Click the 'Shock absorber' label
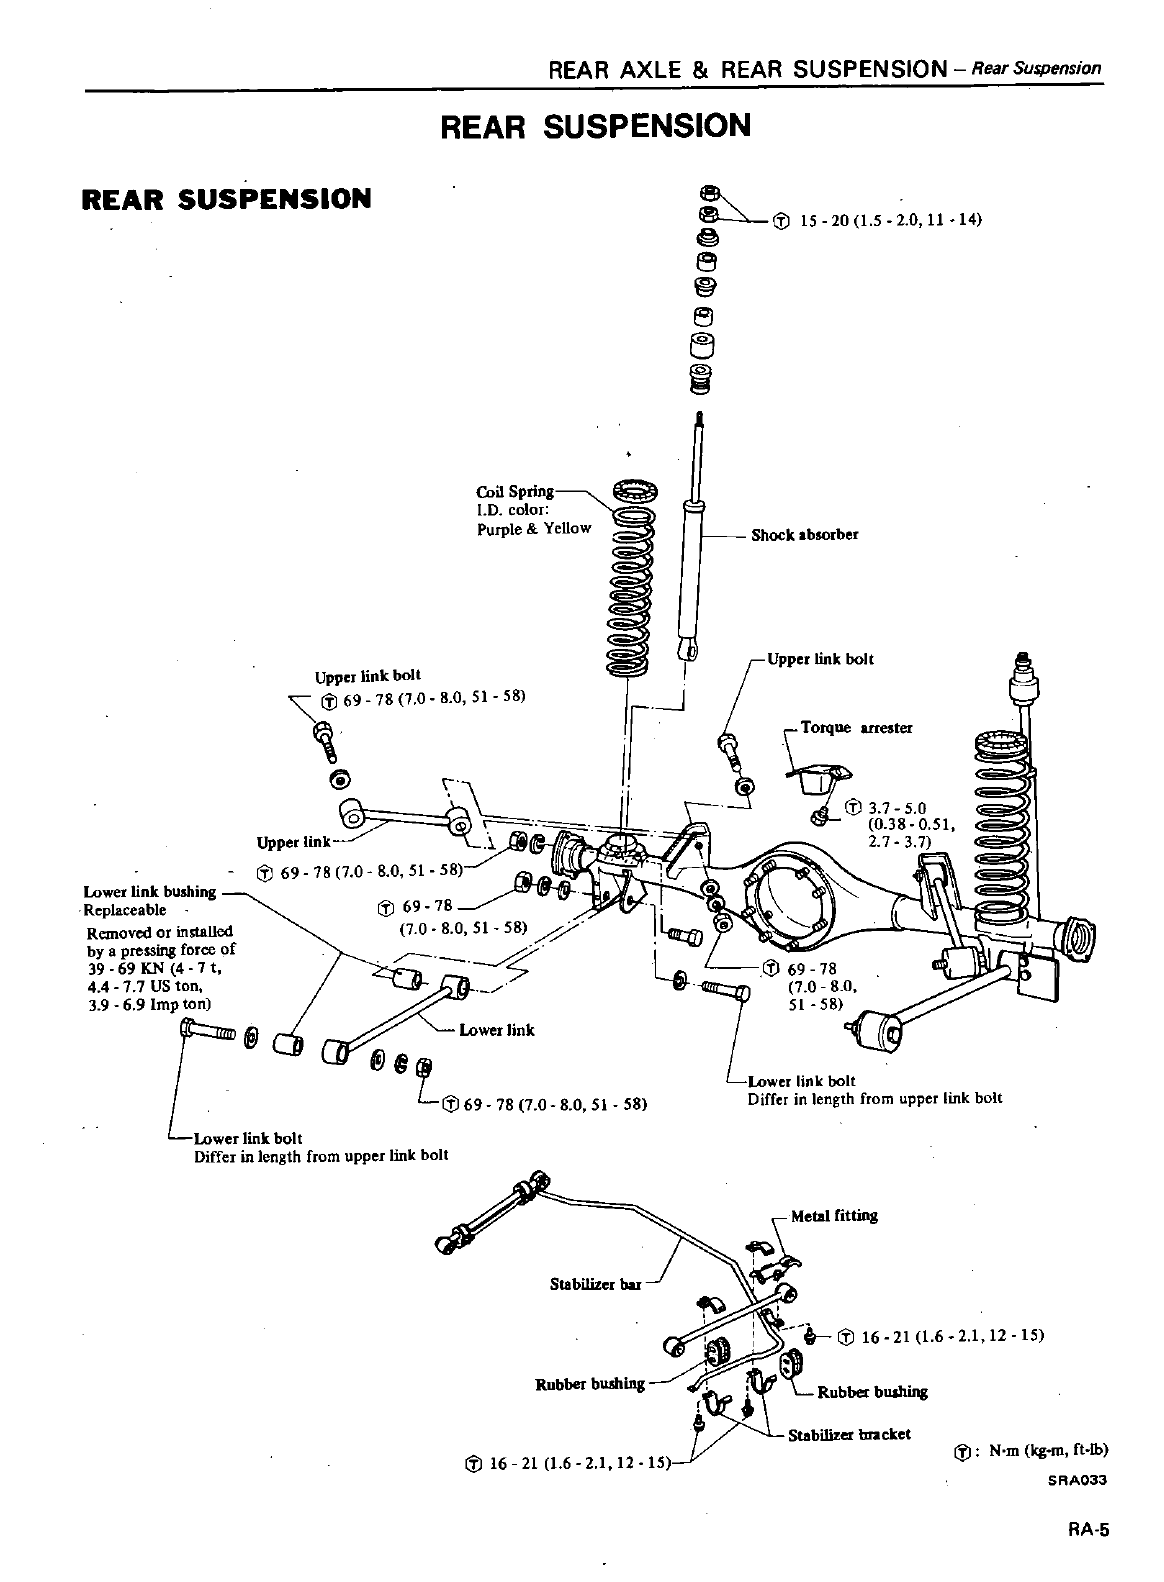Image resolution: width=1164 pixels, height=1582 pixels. pos(804,535)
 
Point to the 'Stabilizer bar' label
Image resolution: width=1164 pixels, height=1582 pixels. pos(595,1282)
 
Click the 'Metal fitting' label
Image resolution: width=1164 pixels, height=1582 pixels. pos(833,1216)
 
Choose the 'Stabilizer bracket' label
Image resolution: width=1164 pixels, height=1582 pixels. pos(849,1434)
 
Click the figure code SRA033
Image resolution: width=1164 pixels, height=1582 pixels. pos(1078,1482)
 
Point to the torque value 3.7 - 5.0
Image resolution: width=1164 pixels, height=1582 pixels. pos(894,808)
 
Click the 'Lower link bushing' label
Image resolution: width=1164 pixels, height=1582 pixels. pos(150,892)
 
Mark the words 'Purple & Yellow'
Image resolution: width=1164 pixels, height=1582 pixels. pos(534,528)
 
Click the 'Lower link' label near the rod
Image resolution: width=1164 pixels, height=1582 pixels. pos(496,1030)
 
